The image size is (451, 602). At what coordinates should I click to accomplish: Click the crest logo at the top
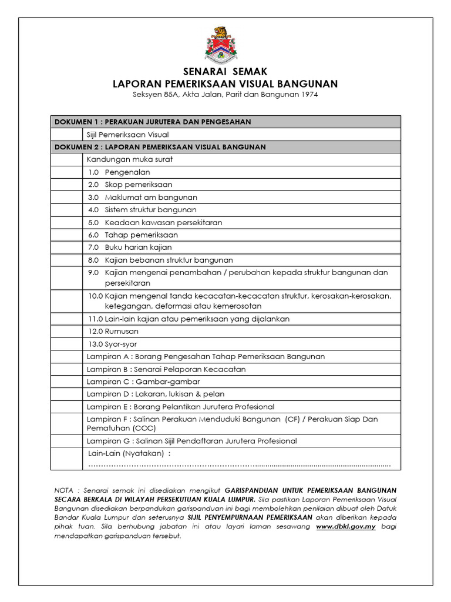(221, 45)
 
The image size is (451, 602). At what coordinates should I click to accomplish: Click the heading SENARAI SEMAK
(225, 72)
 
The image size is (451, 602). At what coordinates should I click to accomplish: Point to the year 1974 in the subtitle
(308, 95)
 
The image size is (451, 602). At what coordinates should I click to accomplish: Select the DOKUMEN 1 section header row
(225, 122)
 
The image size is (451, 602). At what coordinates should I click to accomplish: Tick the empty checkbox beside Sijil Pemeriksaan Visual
(66, 135)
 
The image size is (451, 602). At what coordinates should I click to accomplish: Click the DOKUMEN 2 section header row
(225, 147)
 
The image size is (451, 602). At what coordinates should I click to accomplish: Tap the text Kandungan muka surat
(130, 159)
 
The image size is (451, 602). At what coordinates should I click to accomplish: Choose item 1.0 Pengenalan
(119, 172)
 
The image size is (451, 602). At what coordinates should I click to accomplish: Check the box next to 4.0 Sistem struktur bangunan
(66, 210)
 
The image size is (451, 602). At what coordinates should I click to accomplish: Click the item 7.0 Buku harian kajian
(130, 248)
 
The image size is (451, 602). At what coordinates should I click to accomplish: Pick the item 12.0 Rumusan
(113, 332)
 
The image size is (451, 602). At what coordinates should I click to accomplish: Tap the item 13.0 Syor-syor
(113, 344)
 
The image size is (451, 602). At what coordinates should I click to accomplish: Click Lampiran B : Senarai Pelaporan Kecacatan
(166, 369)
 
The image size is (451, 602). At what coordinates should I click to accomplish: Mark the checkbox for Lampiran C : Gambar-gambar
(66, 382)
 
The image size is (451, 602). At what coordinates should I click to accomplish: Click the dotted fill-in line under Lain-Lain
(239, 464)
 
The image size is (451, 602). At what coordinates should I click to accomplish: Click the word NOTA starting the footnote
(65, 490)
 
